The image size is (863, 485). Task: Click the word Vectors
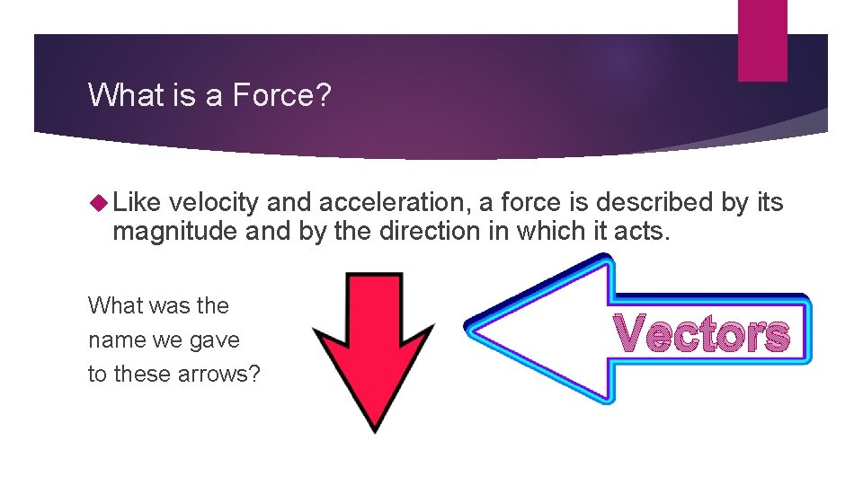pos(704,334)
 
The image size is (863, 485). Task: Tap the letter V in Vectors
pos(634,334)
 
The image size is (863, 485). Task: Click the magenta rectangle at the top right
pos(762,40)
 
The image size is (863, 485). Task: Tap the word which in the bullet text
pos(547,232)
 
